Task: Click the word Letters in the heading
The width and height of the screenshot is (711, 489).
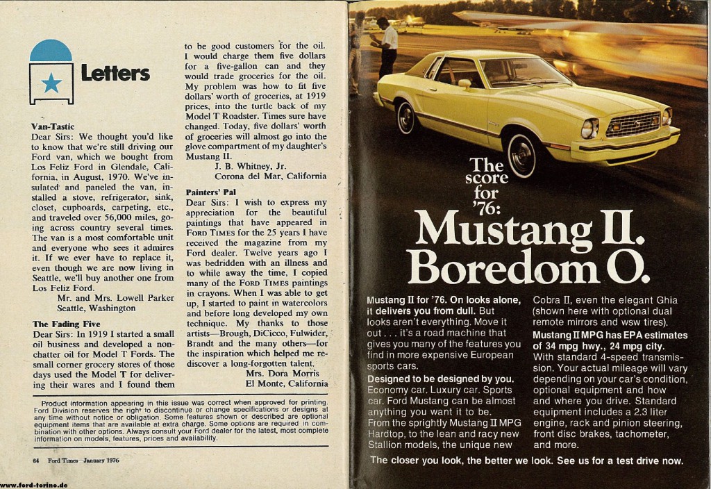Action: click(x=115, y=73)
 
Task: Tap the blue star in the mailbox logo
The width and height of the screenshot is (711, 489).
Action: click(x=51, y=83)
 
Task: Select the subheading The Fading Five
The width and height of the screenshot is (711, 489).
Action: click(x=66, y=324)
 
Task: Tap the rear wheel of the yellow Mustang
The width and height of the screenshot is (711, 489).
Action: click(x=405, y=117)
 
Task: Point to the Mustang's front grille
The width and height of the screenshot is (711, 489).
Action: click(x=632, y=125)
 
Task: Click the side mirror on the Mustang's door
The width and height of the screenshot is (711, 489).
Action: click(x=465, y=83)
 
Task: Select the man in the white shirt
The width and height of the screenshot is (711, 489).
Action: click(x=386, y=48)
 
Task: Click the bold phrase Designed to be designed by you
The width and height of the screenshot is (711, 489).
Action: click(x=439, y=379)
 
